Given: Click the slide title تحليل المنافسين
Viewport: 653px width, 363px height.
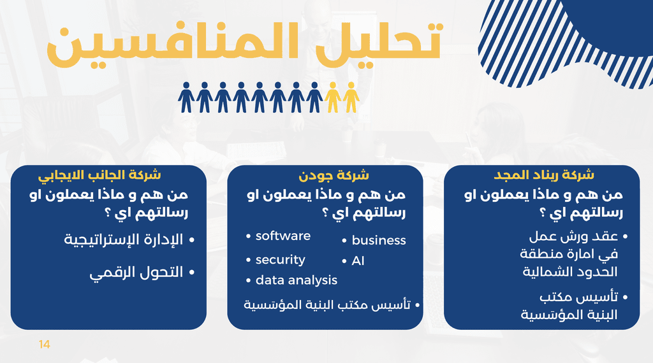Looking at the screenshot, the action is tap(244, 45).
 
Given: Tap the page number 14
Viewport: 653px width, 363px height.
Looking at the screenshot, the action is tap(44, 345).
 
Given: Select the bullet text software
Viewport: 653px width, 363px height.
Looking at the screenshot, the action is tap(283, 236).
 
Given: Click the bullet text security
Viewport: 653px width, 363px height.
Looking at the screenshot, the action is tap(281, 260).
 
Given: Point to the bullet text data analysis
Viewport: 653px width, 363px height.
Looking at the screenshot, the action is tap(297, 280).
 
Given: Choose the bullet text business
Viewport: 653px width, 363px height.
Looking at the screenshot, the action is tap(379, 240).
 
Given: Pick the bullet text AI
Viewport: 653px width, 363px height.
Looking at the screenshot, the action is tap(358, 260).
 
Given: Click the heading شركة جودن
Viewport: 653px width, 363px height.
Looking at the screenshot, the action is tap(334, 175).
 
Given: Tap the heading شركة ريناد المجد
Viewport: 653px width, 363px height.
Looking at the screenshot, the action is tap(544, 174).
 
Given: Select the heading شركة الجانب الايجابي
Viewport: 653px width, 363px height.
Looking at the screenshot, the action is tap(99, 175).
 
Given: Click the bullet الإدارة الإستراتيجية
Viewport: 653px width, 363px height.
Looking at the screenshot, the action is tap(123, 240).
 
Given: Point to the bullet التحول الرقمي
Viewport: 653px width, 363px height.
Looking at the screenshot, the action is tap(136, 273).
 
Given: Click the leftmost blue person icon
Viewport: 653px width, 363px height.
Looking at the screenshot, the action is tap(186, 97).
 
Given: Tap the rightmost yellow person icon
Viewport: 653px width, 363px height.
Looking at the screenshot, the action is tap(351, 97).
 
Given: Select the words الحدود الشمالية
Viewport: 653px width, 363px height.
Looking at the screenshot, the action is tap(569, 272).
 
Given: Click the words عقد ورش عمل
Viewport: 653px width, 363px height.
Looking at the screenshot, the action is tap(573, 237).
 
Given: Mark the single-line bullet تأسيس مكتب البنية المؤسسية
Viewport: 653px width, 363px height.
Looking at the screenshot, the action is tap(327, 305).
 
